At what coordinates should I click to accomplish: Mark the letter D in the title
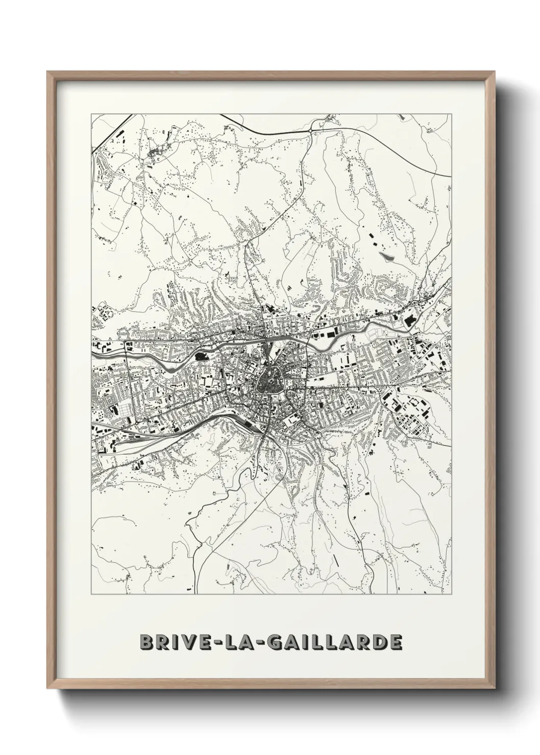376,642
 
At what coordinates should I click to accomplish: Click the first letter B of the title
145,642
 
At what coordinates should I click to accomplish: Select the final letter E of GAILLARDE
395,642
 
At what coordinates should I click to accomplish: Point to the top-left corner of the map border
91,114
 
